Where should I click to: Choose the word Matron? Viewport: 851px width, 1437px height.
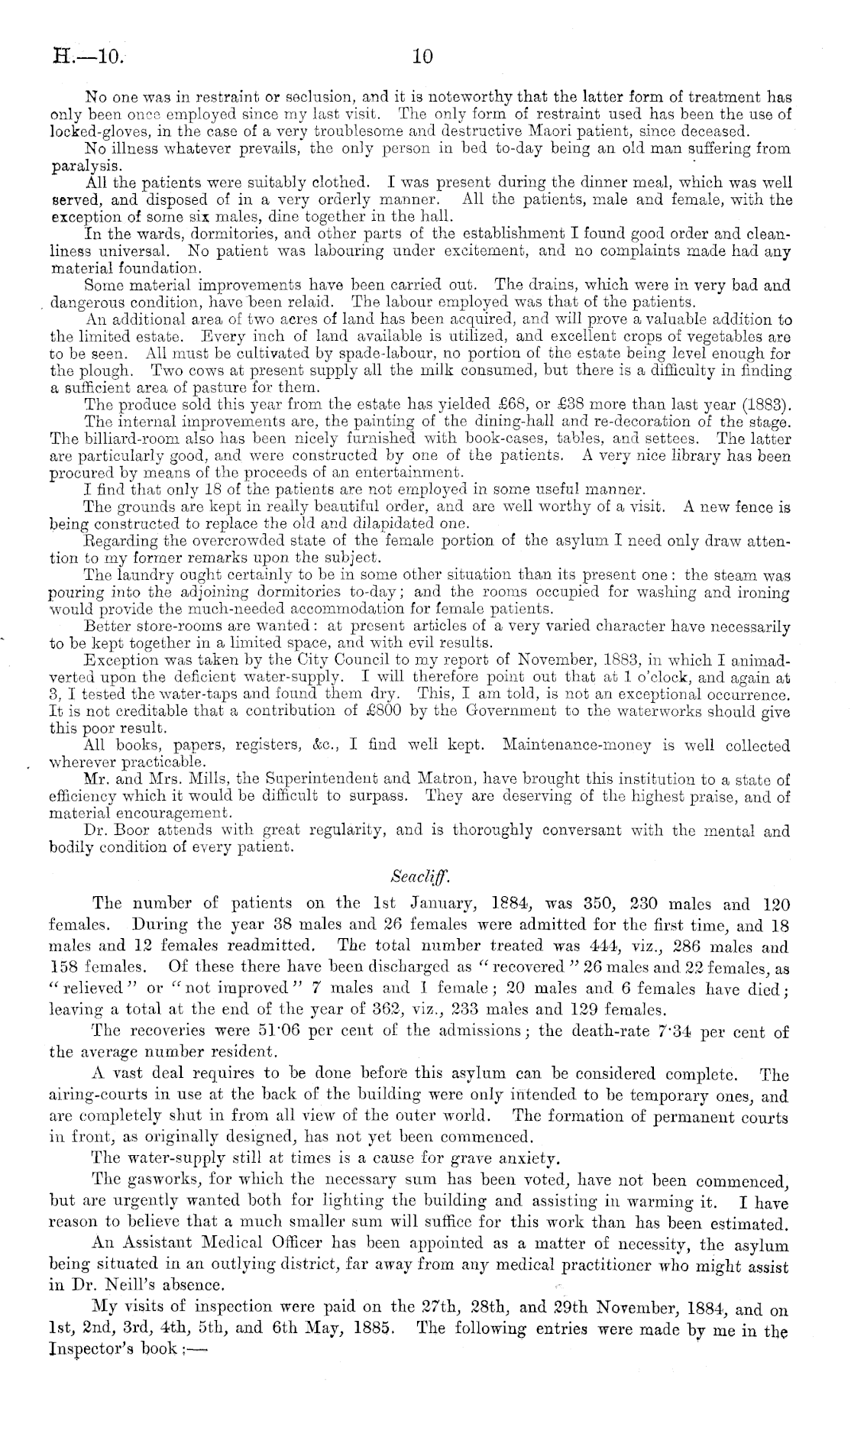(443, 779)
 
